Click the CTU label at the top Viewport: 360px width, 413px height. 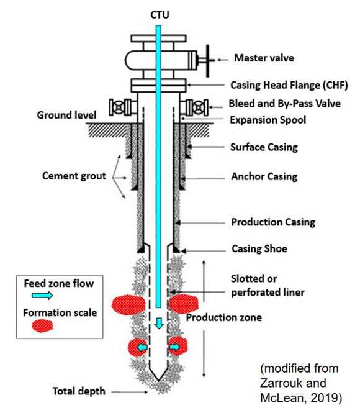(x=161, y=11)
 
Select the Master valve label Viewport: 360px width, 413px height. (x=264, y=59)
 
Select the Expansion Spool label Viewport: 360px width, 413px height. (x=267, y=119)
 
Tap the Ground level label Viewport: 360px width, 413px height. (x=64, y=115)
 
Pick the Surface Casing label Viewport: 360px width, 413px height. (x=264, y=147)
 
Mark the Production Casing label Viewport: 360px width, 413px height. (x=273, y=222)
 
